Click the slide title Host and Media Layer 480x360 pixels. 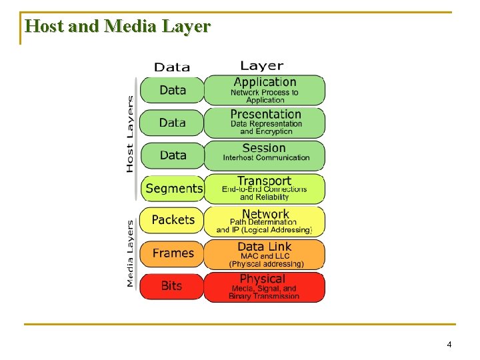(x=117, y=27)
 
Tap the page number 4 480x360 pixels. (x=449, y=345)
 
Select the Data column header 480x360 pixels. (x=172, y=67)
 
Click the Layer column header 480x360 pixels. (x=261, y=65)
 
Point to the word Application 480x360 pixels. (x=265, y=82)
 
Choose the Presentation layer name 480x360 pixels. (x=265, y=114)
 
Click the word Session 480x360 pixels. (x=264, y=148)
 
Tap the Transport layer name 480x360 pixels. (x=264, y=181)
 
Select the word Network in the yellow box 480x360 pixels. (x=265, y=214)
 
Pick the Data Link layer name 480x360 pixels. (x=265, y=247)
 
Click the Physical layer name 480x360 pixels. (x=262, y=279)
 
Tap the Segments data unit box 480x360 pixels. (x=173, y=189)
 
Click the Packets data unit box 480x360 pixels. (x=173, y=220)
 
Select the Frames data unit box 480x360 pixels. (x=173, y=253)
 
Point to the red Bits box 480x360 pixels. (x=171, y=285)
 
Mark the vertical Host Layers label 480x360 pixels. (x=129, y=133)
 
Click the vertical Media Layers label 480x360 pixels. (x=129, y=253)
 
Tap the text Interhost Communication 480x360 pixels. (x=266, y=158)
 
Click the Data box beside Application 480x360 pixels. (x=173, y=90)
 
